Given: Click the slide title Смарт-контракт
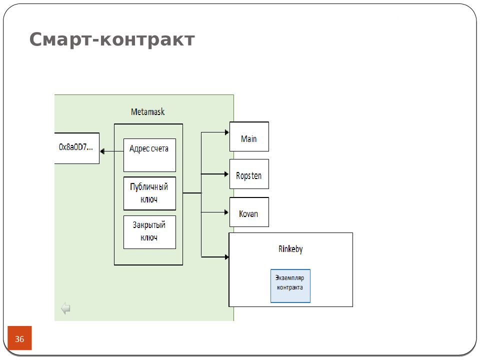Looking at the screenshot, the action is click(x=112, y=39).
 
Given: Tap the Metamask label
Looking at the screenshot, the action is click(x=148, y=111).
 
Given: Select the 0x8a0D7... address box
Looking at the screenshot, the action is click(x=77, y=148).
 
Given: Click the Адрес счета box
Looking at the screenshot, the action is click(x=149, y=155).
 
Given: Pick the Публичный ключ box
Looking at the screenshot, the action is click(x=149, y=193).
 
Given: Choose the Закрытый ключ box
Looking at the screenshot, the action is click(x=149, y=232).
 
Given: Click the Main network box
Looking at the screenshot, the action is click(x=249, y=136).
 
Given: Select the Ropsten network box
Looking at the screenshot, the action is click(x=249, y=174).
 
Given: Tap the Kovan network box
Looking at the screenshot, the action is click(x=249, y=212).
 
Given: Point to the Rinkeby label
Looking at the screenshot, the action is click(x=290, y=249).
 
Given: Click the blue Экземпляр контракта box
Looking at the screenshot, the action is click(x=290, y=286).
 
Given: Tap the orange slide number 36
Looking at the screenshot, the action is click(x=19, y=338).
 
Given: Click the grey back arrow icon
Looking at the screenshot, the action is click(x=65, y=308).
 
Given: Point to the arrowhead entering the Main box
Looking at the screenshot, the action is click(x=227, y=132).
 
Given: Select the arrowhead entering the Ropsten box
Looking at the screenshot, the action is click(x=226, y=174).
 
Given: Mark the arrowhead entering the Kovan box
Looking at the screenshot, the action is click(x=226, y=212).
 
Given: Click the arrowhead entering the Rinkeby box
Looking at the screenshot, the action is click(x=227, y=257).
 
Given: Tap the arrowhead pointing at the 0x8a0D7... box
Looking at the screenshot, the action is click(x=102, y=151).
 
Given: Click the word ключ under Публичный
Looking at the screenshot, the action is click(x=149, y=199).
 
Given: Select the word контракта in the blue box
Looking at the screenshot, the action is click(x=290, y=287).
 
